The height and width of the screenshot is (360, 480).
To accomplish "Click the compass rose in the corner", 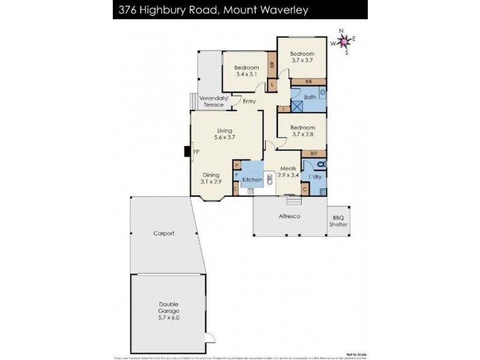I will click(343, 41).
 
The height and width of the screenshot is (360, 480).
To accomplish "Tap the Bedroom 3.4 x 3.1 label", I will click(246, 71).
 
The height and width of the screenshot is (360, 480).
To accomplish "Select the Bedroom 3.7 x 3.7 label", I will click(302, 57).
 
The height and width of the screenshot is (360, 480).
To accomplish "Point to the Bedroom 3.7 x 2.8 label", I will click(302, 131).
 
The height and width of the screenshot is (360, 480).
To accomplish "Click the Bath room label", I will click(310, 97).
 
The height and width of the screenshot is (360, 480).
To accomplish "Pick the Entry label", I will click(249, 101).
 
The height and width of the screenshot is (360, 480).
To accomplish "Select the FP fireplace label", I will click(196, 152).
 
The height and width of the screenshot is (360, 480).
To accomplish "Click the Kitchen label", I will click(253, 179).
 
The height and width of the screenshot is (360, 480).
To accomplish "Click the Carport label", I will click(163, 233).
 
